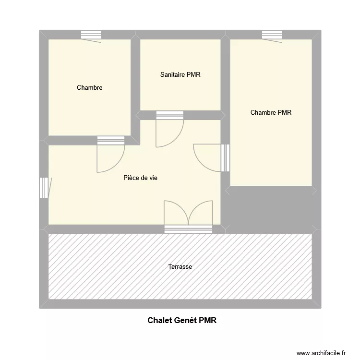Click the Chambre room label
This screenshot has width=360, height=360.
pyautogui.click(x=90, y=88)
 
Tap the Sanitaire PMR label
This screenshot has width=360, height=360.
pyautogui.click(x=180, y=74)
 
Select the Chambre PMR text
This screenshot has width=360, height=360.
pyautogui.click(x=271, y=113)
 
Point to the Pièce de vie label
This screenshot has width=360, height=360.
pyautogui.click(x=141, y=178)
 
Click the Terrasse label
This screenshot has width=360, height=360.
pyautogui.click(x=180, y=266)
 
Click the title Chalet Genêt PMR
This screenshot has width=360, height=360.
pyautogui.click(x=182, y=320)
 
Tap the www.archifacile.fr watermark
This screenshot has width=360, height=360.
pyautogui.click(x=321, y=353)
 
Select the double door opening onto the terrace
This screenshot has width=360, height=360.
pyautogui.click(x=188, y=213)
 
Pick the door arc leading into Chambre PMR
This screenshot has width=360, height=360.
pyautogui.click(x=207, y=157)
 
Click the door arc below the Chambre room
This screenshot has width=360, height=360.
pyautogui.click(x=111, y=158)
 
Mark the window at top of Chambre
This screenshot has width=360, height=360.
pyautogui.click(x=91, y=35)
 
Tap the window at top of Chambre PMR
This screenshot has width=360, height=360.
pyautogui.click(x=272, y=35)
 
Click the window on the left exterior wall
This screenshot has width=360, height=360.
pyautogui.click(x=44, y=188)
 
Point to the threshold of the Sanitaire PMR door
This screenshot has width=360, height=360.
pyautogui.click(x=170, y=115)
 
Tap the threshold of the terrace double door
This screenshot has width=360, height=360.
pyautogui.click(x=188, y=229)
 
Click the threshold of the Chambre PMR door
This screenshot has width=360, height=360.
pyautogui.click(x=226, y=157)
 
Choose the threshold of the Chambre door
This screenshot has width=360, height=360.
pyautogui.click(x=111, y=140)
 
